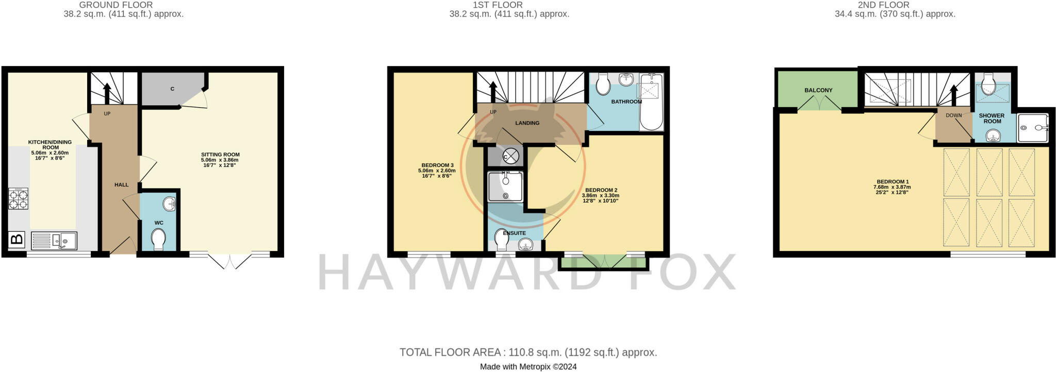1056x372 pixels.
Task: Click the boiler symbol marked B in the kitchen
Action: pos(17,240)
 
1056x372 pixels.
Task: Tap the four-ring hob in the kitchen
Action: pos(18,199)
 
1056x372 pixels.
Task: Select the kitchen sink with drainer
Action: pos(54,241)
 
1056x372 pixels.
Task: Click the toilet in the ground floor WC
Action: pos(159,240)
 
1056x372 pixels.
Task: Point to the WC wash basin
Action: pos(169,205)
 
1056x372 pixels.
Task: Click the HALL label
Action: pos(122,184)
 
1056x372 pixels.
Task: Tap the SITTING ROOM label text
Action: pos(220,155)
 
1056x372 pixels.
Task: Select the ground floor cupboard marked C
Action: pos(172,89)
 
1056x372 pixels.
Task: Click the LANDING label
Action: pos(527,123)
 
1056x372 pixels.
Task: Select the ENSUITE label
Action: pos(514,233)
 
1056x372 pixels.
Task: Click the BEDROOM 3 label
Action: pos(438,165)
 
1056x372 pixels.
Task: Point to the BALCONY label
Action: pos(818,90)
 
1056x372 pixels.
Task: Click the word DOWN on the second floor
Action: pos(953,115)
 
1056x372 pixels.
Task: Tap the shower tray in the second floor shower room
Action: pos(1033,128)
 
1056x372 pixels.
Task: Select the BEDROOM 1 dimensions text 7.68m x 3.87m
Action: pos(893,187)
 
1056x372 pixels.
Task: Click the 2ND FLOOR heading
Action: pos(895,5)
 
